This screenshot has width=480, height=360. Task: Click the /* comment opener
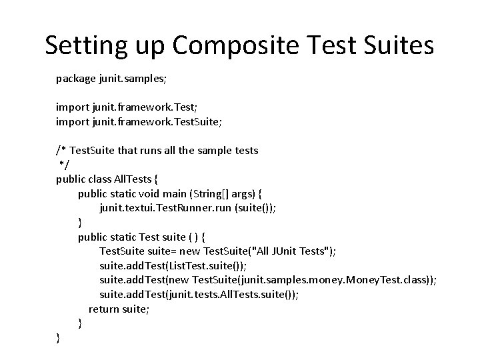61,151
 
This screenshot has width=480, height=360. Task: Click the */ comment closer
63,165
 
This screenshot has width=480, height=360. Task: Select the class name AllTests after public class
135,179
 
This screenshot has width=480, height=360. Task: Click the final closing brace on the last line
59,337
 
